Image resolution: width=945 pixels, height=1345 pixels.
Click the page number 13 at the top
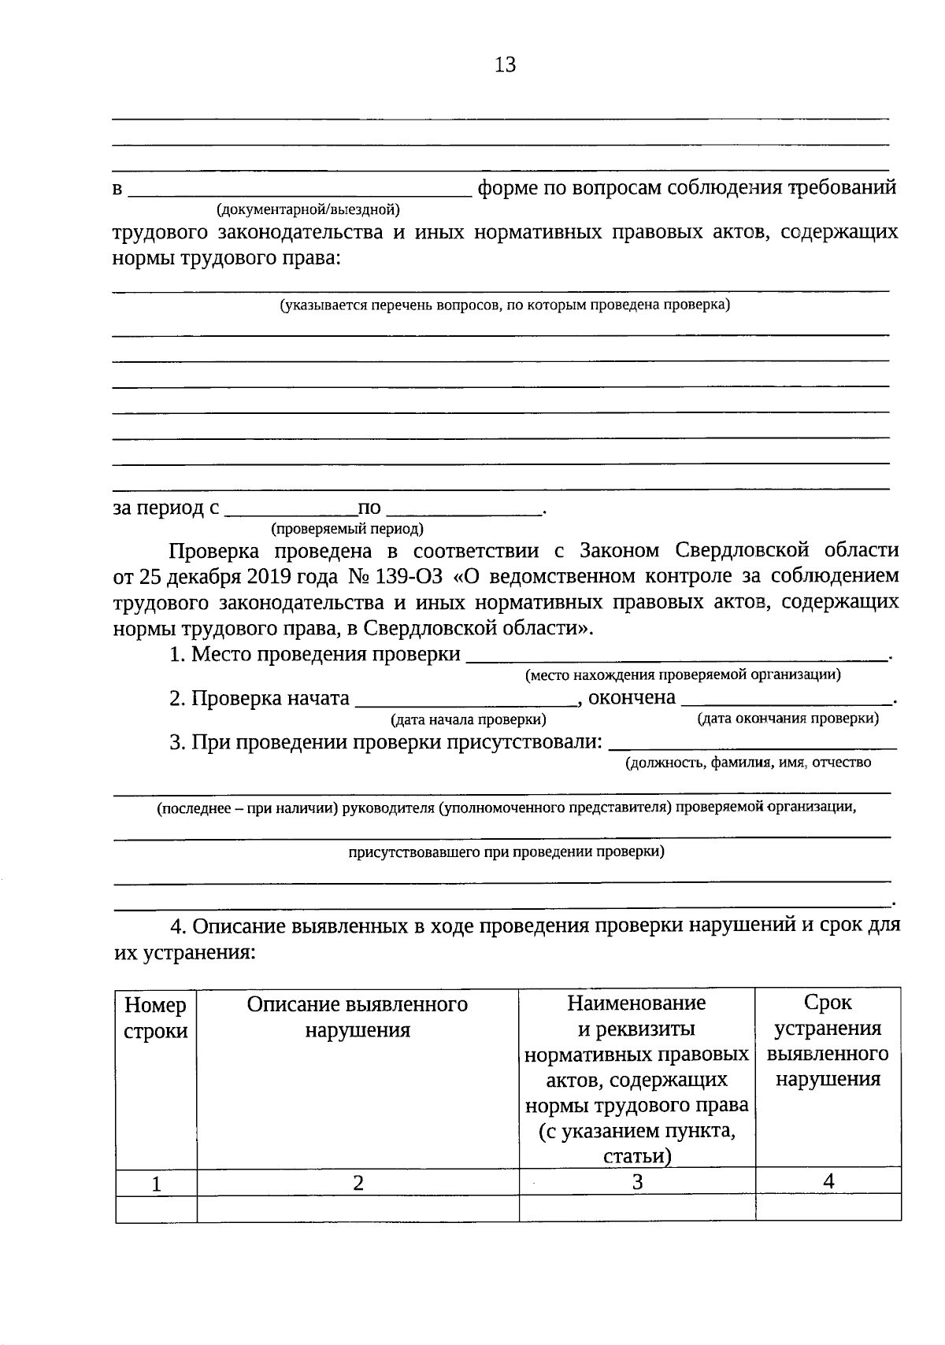[505, 65]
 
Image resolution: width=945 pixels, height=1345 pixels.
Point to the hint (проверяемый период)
[346, 529]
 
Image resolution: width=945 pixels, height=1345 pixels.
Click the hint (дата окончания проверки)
[787, 718]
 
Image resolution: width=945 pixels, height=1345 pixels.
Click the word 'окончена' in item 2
[632, 697]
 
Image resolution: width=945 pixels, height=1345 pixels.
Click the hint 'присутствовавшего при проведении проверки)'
[506, 851]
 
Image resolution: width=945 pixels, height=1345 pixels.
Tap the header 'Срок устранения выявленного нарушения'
[828, 1040]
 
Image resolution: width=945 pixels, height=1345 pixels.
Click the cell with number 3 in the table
[637, 1181]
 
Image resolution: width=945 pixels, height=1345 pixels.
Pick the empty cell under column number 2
[358, 1208]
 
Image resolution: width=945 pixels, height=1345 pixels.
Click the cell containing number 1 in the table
[156, 1183]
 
